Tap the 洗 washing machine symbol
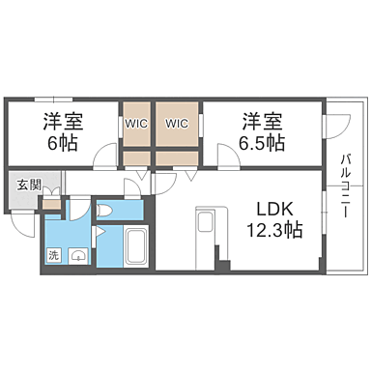click(55, 255)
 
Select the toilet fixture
click(108, 211)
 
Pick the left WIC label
click(135, 124)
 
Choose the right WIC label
click(176, 124)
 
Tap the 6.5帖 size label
click(262, 144)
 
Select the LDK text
click(274, 206)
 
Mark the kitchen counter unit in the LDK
click(208, 231)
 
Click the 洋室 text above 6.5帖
click(262, 123)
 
